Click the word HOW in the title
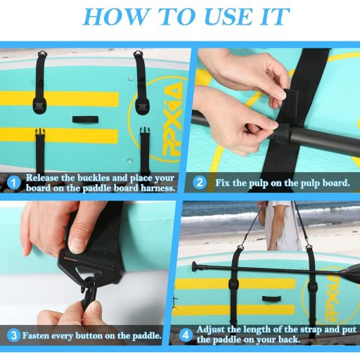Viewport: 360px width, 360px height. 115,17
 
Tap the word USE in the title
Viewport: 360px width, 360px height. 229,17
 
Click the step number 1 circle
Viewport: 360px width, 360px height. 13,183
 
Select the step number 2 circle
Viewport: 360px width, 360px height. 200,183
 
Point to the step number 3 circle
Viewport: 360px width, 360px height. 13,335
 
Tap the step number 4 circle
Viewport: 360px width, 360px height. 186,335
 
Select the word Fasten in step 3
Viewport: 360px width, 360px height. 36,335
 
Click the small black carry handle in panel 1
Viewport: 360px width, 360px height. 85,120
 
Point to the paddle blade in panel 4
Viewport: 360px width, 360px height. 349,272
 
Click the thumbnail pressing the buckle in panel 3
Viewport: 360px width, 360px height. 76,245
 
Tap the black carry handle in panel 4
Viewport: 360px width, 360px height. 271,299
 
